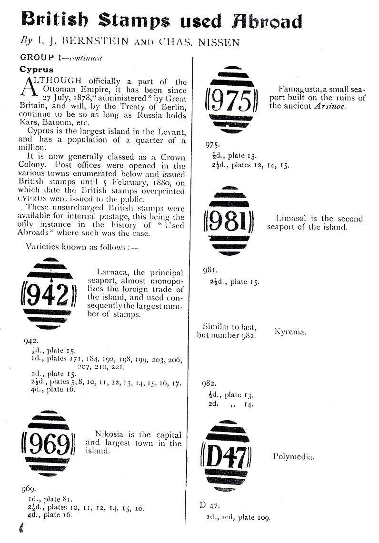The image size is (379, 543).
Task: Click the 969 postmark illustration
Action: click(x=48, y=444)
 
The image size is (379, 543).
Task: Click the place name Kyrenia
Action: click(x=290, y=332)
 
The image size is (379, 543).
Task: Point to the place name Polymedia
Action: click(x=294, y=456)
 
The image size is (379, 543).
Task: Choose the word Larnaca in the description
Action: click(x=112, y=272)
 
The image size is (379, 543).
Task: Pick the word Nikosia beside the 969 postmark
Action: click(x=111, y=434)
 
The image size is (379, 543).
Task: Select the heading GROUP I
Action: click(x=40, y=57)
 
